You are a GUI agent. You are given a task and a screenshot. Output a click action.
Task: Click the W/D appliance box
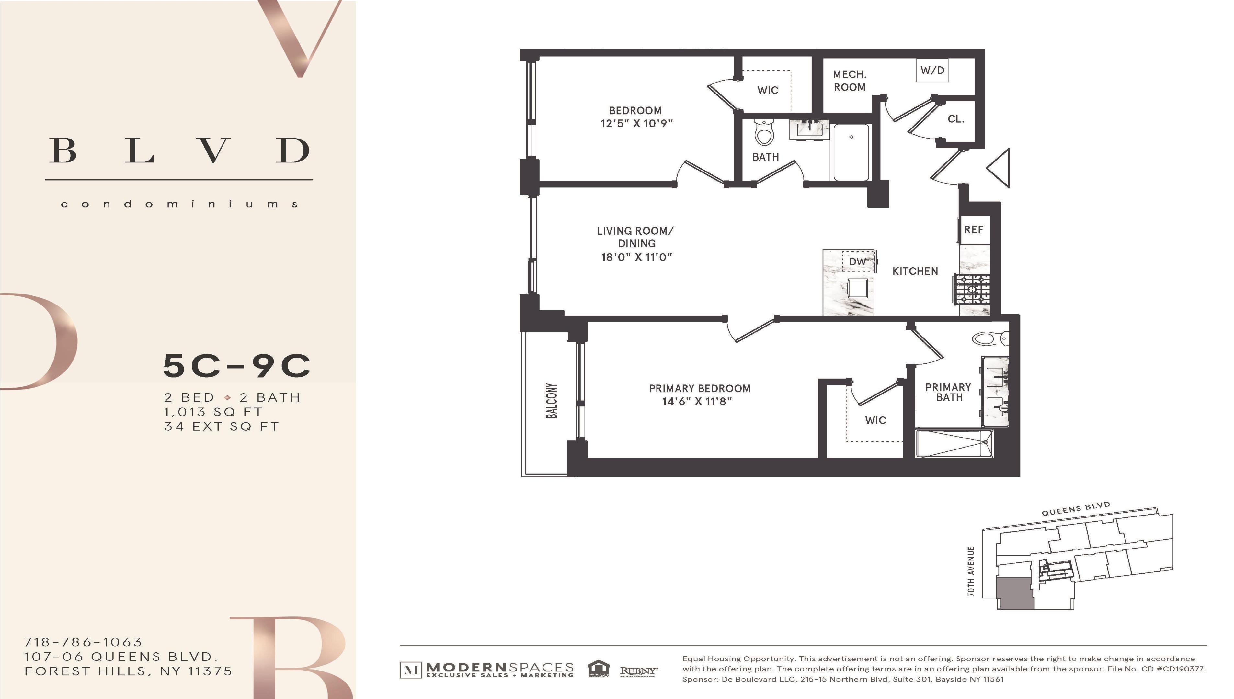932,71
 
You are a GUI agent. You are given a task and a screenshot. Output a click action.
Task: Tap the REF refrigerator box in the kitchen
973,229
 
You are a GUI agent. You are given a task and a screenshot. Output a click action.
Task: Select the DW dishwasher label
857,262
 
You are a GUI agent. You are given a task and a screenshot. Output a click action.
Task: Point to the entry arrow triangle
1000,168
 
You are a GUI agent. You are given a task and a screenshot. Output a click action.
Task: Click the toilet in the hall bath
764,132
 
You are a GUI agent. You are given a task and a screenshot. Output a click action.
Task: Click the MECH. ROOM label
849,81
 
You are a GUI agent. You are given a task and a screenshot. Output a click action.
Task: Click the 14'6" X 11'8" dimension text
696,401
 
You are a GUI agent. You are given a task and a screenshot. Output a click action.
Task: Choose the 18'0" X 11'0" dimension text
636,257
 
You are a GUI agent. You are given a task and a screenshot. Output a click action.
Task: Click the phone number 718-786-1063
83,642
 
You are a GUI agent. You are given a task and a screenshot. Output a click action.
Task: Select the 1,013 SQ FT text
213,412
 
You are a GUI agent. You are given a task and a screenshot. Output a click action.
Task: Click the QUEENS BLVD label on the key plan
1076,509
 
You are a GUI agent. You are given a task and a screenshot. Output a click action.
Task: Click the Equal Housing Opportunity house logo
598,668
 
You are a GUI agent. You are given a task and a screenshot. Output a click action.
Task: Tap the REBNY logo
638,671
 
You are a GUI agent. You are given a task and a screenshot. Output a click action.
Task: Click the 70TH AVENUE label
971,571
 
